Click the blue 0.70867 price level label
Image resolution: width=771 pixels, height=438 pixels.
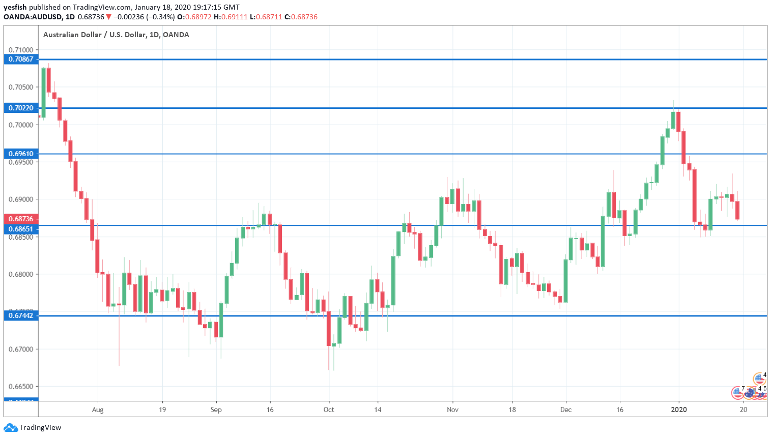click(x=21, y=59)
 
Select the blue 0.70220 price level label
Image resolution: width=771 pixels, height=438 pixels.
click(x=21, y=108)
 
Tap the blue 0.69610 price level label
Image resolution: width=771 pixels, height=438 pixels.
click(x=21, y=154)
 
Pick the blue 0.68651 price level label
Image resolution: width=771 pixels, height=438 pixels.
click(x=21, y=229)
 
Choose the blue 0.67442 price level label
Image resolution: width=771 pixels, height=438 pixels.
click(x=21, y=315)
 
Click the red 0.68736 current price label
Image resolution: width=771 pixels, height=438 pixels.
click(x=21, y=219)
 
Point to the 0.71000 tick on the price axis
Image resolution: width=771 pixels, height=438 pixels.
click(x=21, y=50)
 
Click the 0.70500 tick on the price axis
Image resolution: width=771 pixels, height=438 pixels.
click(x=21, y=87)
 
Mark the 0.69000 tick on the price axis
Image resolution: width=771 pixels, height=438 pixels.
click(x=21, y=199)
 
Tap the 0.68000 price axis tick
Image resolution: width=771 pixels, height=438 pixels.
click(x=21, y=274)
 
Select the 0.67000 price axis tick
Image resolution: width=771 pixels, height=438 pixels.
click(x=21, y=349)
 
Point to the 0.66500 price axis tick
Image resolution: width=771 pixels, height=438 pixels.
click(x=21, y=387)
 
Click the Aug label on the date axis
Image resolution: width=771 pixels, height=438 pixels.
click(x=98, y=410)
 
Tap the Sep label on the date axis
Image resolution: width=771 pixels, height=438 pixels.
click(x=216, y=410)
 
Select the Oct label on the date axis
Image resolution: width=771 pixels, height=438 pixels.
click(x=329, y=410)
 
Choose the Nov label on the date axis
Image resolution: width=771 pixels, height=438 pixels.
click(x=452, y=410)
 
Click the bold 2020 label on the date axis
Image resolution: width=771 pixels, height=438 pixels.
click(x=679, y=410)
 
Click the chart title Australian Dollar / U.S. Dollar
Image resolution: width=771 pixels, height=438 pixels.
click(x=94, y=35)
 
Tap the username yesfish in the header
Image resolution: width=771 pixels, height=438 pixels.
click(x=15, y=7)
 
